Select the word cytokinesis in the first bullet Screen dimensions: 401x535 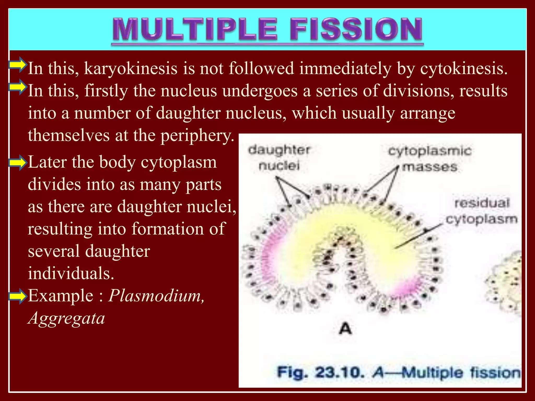point(464,69)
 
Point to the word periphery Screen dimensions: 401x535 point(197,136)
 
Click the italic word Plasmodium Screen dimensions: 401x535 point(156,296)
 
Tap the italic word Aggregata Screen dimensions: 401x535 point(66,319)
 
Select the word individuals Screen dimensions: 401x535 point(71,274)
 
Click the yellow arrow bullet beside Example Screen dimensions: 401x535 point(18,296)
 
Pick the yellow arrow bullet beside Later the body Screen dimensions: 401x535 point(18,162)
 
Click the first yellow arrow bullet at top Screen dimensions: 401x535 point(18,64)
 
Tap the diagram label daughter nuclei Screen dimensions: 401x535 point(279,158)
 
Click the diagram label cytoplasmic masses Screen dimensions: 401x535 point(430,159)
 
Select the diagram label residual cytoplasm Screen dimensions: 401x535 point(482,211)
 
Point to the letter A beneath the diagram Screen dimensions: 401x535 point(345,329)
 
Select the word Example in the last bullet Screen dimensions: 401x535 point(60,296)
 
